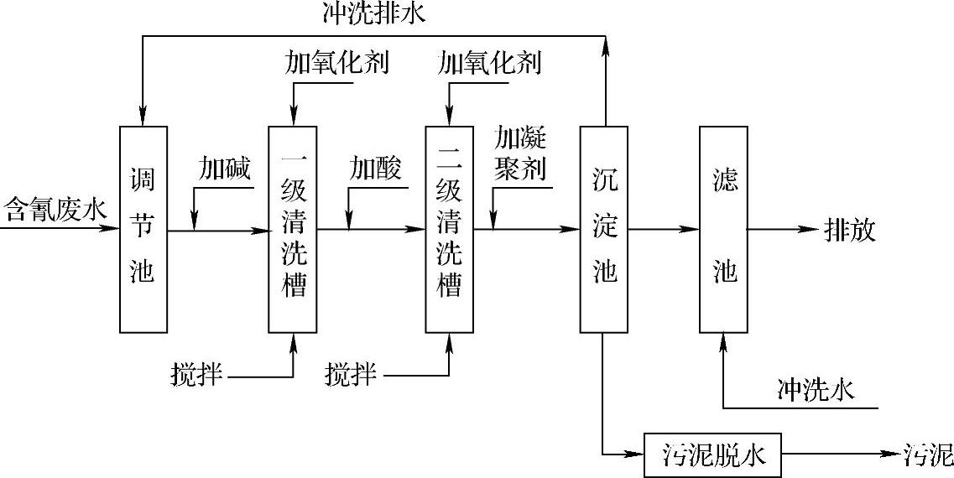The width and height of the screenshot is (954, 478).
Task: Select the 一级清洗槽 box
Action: click(x=293, y=228)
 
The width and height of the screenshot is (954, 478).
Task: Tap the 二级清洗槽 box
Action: click(x=449, y=228)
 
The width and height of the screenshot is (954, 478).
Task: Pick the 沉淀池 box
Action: click(x=604, y=228)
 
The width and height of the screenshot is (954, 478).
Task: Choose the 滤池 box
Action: click(x=723, y=228)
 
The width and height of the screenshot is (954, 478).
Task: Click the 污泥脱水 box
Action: click(x=712, y=455)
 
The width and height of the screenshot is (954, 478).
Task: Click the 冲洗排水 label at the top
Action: click(x=374, y=14)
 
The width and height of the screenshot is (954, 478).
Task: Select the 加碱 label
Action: click(x=224, y=169)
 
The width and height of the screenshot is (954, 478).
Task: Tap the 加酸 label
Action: click(x=375, y=169)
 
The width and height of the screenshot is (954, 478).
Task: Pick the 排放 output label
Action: click(x=850, y=229)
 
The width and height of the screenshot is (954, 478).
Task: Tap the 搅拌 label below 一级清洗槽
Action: click(x=196, y=376)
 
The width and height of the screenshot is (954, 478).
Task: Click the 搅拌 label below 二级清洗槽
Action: click(x=351, y=376)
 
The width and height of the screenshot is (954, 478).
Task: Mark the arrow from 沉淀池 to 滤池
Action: click(x=664, y=228)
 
